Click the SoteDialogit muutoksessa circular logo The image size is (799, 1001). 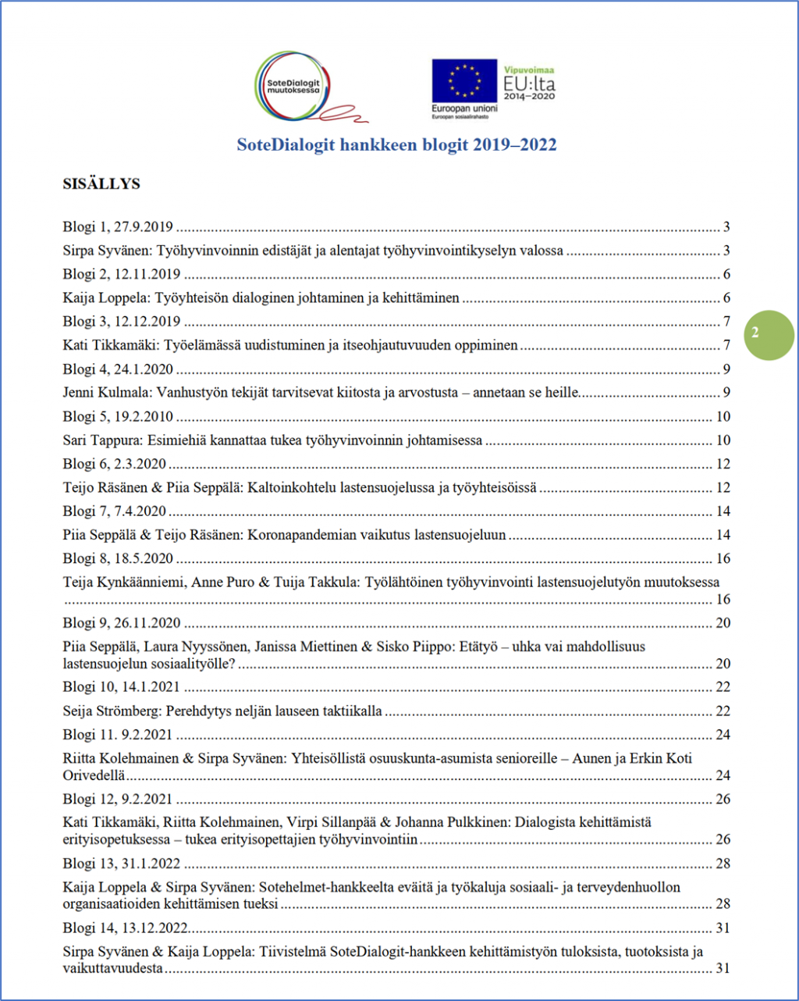tap(293, 84)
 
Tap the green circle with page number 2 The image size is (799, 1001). tap(755, 333)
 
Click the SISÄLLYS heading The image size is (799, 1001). tap(101, 184)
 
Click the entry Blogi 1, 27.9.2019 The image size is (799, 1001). tap(118, 227)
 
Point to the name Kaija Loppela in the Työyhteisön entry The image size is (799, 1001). tap(105, 297)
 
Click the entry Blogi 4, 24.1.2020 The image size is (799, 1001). tap(118, 369)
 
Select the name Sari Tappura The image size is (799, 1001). tap(101, 440)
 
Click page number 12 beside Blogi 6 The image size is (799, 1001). tap(723, 464)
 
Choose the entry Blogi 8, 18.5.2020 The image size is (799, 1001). tap(118, 558)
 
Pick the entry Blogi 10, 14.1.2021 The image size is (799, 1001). tap(121, 687)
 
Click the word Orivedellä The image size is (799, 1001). tap(94, 775)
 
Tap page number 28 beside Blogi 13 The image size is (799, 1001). tap(723, 864)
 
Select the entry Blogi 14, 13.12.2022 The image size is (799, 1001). tap(125, 928)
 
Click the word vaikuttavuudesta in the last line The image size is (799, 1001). tap(113, 968)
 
